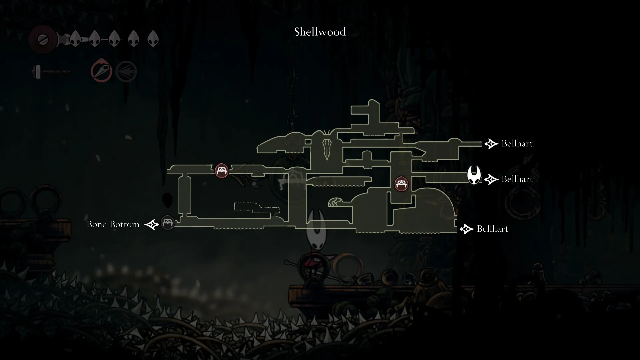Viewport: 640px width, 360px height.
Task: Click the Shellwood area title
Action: coord(320,32)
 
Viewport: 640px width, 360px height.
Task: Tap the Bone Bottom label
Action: coord(113,224)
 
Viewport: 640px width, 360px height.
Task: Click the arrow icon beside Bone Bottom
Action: coord(151,225)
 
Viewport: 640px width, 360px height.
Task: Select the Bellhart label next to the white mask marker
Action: coord(517,179)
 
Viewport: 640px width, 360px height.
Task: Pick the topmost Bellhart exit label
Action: coord(517,144)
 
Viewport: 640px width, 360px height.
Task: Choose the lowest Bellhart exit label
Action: coord(492,229)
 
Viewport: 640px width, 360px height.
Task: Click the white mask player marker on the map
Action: coord(474,175)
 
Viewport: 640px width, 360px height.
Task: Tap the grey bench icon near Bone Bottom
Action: coord(167,222)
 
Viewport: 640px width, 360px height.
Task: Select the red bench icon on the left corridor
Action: coord(221,171)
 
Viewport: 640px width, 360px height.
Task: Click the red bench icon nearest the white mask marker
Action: coord(401,184)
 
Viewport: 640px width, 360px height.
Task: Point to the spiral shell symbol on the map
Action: coord(335,202)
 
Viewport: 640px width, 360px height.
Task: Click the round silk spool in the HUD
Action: coord(43,39)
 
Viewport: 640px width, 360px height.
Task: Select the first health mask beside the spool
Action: coord(75,39)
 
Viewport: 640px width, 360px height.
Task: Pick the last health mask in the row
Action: coord(153,39)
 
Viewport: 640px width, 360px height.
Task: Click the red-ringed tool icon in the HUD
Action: coord(101,71)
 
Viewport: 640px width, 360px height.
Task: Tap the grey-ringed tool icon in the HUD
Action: coord(126,71)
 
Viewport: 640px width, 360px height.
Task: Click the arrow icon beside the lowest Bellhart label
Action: coord(466,229)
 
